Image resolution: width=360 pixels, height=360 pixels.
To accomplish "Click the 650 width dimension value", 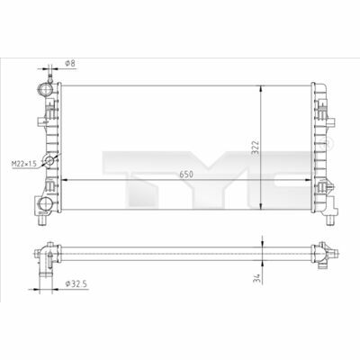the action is (x=186, y=175).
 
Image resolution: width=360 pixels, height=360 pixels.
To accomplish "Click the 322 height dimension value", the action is (x=255, y=148).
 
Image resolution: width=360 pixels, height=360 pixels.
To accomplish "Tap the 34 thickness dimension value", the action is (x=256, y=278).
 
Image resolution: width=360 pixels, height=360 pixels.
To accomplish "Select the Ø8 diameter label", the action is (x=70, y=63).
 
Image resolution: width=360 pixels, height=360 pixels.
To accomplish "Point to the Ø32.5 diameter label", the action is (x=76, y=283).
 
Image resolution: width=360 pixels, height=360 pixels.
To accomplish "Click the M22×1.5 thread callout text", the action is (x=23, y=164).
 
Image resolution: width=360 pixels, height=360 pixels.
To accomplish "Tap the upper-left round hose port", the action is (x=45, y=89).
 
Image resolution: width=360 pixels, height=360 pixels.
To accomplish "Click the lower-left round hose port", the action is (x=45, y=204).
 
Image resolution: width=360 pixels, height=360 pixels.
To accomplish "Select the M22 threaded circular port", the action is (x=49, y=161).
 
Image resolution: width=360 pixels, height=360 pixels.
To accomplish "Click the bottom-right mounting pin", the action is (x=329, y=220).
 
